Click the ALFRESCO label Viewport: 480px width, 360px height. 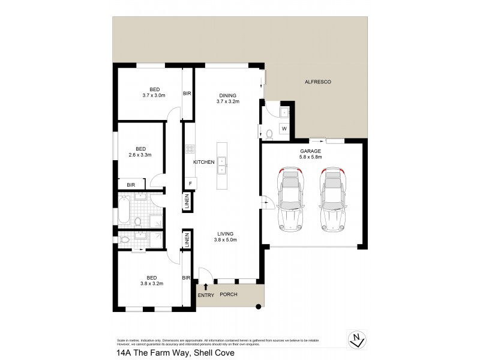pos(318,82)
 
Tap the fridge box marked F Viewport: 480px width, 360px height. pos(190,183)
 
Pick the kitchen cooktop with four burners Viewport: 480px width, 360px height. pos(190,150)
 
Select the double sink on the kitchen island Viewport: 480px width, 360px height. pos(222,165)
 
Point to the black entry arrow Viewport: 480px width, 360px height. pos(206,286)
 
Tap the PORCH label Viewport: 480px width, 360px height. pos(229,294)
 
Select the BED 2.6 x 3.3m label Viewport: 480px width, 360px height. pos(140,152)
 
